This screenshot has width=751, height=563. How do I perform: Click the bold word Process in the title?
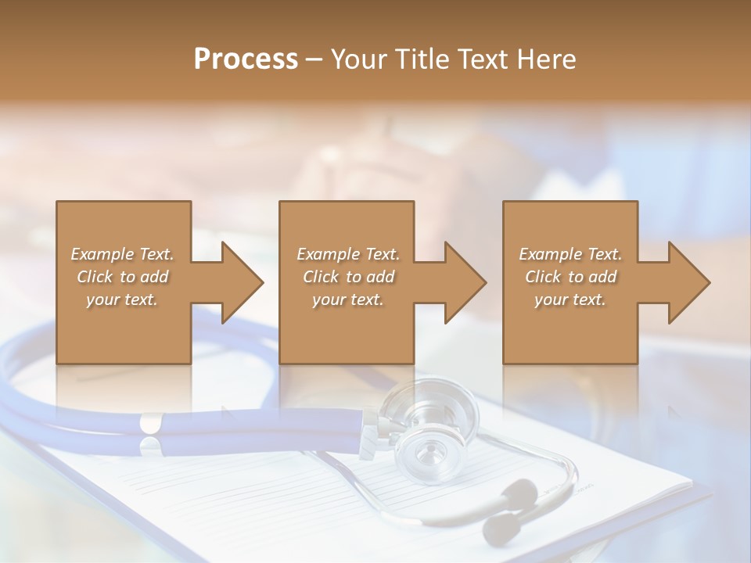click(x=246, y=59)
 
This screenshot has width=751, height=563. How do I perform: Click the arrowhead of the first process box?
click(x=242, y=282)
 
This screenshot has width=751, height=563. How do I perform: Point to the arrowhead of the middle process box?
click(x=465, y=282)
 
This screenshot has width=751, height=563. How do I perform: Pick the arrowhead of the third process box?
click(x=688, y=282)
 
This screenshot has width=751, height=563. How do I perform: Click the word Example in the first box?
click(x=102, y=254)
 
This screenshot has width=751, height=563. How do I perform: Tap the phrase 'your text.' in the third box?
click(x=570, y=299)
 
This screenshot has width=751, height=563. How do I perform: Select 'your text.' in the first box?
click(x=121, y=299)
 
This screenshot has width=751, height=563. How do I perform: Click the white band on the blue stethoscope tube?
click(x=149, y=425)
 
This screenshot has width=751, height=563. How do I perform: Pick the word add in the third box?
click(x=602, y=277)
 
